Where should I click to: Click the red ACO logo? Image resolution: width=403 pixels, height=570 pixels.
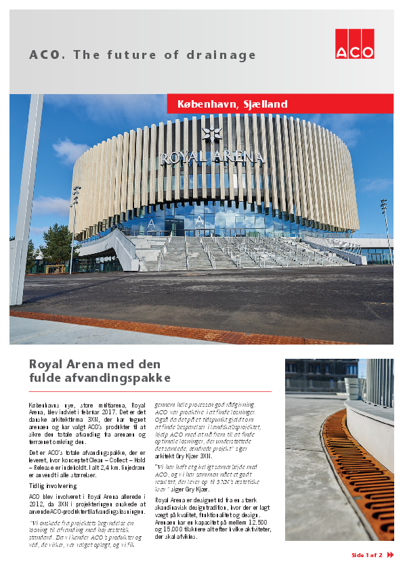(354, 44)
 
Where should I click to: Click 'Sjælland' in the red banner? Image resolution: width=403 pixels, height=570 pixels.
(264, 104)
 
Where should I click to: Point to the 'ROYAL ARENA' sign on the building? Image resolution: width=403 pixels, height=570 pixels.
(211, 158)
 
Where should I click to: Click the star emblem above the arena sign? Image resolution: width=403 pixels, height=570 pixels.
(212, 134)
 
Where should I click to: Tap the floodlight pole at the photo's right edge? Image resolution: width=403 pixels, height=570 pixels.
(386, 230)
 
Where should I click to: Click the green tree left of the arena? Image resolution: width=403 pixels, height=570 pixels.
(57, 245)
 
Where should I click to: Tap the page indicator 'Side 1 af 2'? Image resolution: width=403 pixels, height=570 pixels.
(366, 555)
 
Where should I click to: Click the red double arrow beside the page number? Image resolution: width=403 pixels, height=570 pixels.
(390, 555)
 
